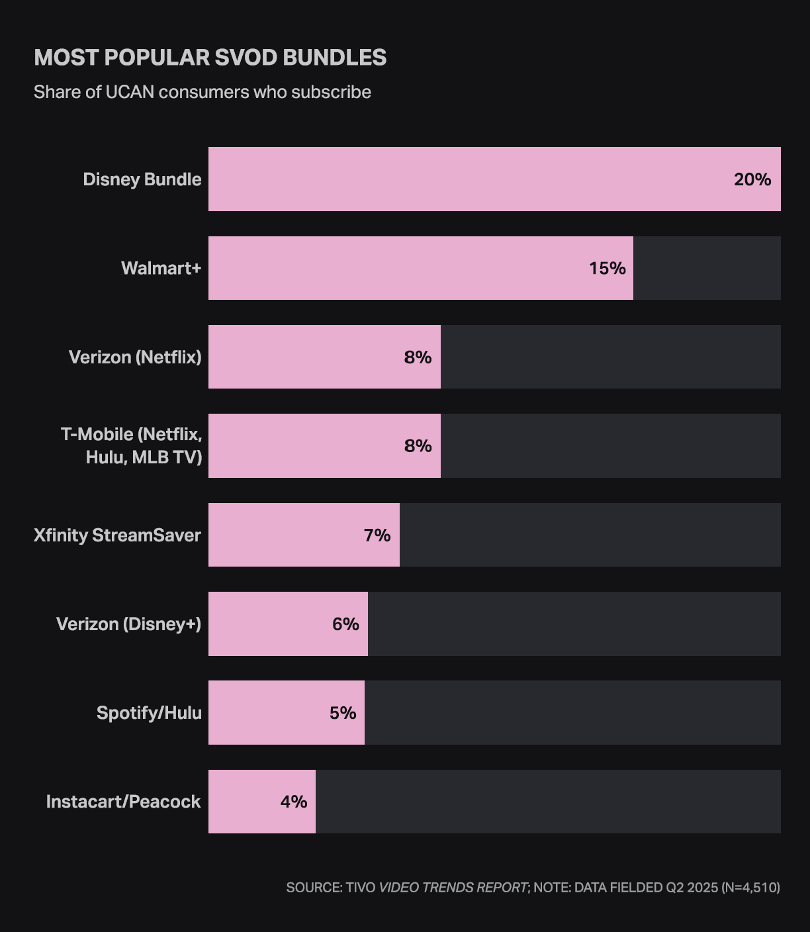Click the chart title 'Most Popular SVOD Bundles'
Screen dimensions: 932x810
[x=210, y=58]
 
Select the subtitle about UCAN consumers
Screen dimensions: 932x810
[x=202, y=92]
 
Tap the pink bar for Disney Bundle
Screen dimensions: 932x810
[x=463, y=179]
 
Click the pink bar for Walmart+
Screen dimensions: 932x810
[x=397, y=268]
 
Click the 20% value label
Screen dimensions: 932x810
[x=752, y=179]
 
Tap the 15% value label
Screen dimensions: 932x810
[x=607, y=268]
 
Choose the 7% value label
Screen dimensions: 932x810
[x=377, y=535]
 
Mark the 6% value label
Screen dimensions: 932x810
[x=345, y=624]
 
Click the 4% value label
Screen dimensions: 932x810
[x=294, y=802]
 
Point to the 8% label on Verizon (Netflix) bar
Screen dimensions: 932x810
[x=418, y=357]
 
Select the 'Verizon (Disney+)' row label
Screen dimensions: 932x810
[x=128, y=624]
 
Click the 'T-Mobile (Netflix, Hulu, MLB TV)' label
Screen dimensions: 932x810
[x=131, y=445]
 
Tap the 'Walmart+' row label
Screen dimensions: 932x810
[x=161, y=268]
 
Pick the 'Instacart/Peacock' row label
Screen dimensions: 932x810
[x=123, y=802]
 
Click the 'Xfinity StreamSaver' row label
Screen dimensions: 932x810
[x=117, y=535]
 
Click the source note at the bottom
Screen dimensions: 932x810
[x=533, y=887]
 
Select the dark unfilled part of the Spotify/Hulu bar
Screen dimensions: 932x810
[x=572, y=713]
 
